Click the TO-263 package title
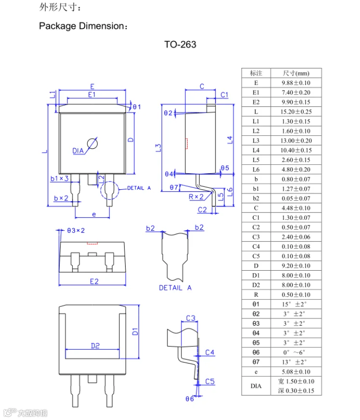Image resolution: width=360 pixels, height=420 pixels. click(180, 45)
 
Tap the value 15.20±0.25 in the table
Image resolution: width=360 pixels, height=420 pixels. click(296, 112)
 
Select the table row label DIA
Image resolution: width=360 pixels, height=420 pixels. click(256, 386)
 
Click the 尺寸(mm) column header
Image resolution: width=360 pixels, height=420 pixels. click(296, 73)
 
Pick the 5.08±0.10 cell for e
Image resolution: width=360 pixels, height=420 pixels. click(296, 372)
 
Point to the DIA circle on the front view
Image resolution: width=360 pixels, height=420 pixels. click(92, 144)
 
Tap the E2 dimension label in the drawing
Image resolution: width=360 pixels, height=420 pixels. click(93, 281)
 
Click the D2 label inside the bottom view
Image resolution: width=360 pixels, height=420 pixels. click(95, 345)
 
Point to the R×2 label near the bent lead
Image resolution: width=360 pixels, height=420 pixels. click(195, 197)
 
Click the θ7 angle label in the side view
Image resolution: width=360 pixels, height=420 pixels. click(174, 187)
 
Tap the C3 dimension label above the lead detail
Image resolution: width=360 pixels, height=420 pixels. click(191, 318)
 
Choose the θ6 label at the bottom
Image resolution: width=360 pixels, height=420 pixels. click(190, 399)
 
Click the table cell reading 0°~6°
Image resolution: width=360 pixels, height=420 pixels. click(296, 353)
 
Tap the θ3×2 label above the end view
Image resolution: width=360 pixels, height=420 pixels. click(76, 231)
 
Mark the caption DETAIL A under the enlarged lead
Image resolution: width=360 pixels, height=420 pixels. click(175, 288)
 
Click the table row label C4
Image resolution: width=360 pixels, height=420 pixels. click(256, 247)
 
